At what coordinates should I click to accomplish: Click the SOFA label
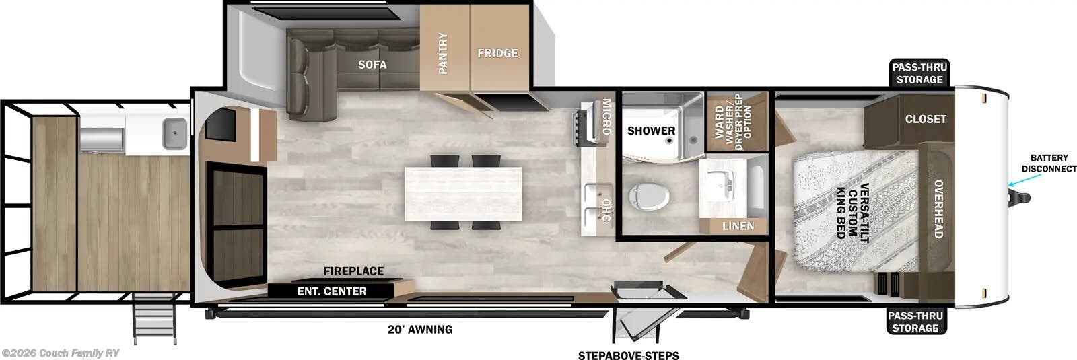pyautogui.click(x=372, y=64)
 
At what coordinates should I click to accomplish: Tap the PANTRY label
pyautogui.click(x=443, y=54)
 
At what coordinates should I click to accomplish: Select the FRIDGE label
pyautogui.click(x=497, y=53)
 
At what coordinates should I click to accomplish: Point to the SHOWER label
pyautogui.click(x=651, y=131)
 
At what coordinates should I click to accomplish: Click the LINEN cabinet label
pyautogui.click(x=738, y=226)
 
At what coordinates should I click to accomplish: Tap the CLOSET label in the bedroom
pyautogui.click(x=926, y=119)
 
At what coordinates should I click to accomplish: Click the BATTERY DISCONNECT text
pyautogui.click(x=1048, y=163)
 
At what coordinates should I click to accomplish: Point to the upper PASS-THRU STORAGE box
pyautogui.click(x=919, y=73)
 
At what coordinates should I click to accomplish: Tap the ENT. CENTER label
pyautogui.click(x=332, y=291)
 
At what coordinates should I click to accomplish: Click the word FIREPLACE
pyautogui.click(x=353, y=271)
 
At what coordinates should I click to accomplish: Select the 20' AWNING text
pyautogui.click(x=419, y=330)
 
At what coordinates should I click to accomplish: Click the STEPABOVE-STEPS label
pyautogui.click(x=628, y=355)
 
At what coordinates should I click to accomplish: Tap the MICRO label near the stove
pyautogui.click(x=606, y=116)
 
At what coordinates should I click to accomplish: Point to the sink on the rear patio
pyautogui.click(x=175, y=133)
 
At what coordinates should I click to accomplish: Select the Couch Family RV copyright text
pyautogui.click(x=60, y=353)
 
